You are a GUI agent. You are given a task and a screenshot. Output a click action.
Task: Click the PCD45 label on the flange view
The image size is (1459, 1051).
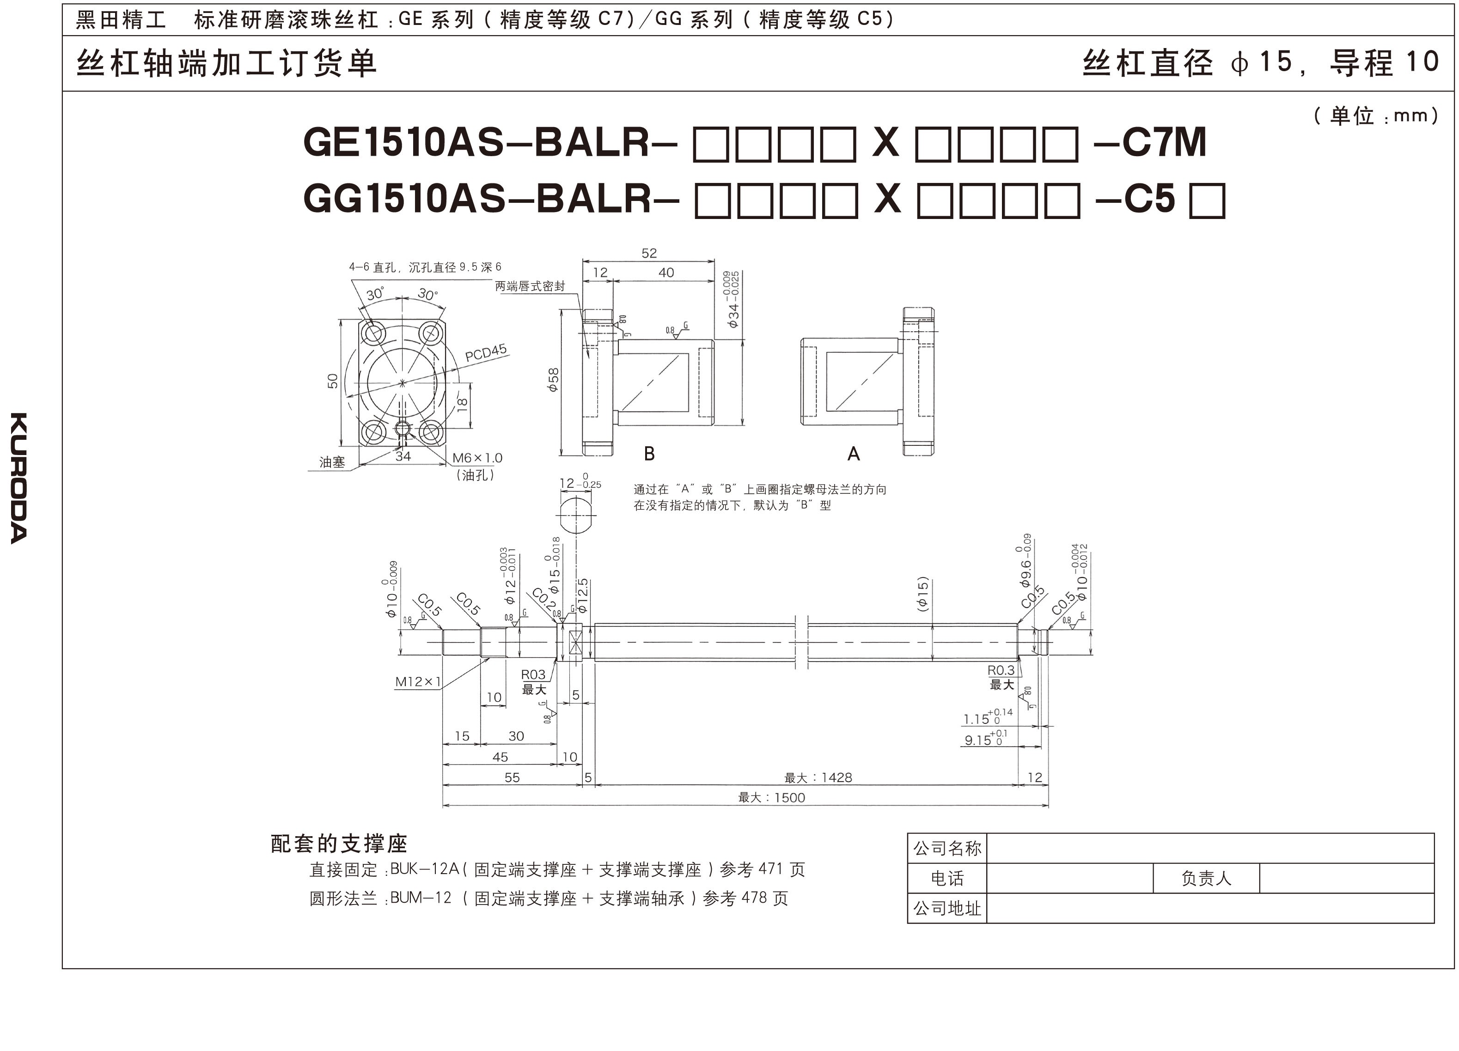click(x=486, y=352)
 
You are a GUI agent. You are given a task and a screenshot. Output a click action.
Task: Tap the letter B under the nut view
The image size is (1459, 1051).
click(x=649, y=454)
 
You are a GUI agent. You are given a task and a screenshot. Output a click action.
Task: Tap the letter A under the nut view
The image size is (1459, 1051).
click(x=853, y=454)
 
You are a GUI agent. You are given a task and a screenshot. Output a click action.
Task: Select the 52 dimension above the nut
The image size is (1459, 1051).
click(x=649, y=254)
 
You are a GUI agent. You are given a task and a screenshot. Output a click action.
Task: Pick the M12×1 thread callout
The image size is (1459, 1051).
click(x=418, y=682)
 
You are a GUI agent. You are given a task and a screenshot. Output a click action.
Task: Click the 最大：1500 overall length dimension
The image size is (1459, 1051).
click(x=771, y=797)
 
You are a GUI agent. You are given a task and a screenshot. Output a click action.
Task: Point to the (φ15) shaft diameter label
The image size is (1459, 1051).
click(x=922, y=594)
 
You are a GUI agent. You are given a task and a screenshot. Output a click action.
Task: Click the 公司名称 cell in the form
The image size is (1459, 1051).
click(x=947, y=848)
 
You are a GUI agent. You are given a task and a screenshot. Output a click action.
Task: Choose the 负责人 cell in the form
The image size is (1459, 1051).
click(x=1206, y=879)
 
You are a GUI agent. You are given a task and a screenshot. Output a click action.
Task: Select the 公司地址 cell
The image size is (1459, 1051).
click(x=947, y=908)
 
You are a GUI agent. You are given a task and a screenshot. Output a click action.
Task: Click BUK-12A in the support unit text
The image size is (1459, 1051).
click(x=425, y=869)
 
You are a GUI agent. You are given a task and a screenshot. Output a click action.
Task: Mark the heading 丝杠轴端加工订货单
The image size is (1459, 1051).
click(x=226, y=64)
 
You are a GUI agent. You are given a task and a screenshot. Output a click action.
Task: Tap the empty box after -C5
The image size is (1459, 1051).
click(x=1207, y=200)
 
